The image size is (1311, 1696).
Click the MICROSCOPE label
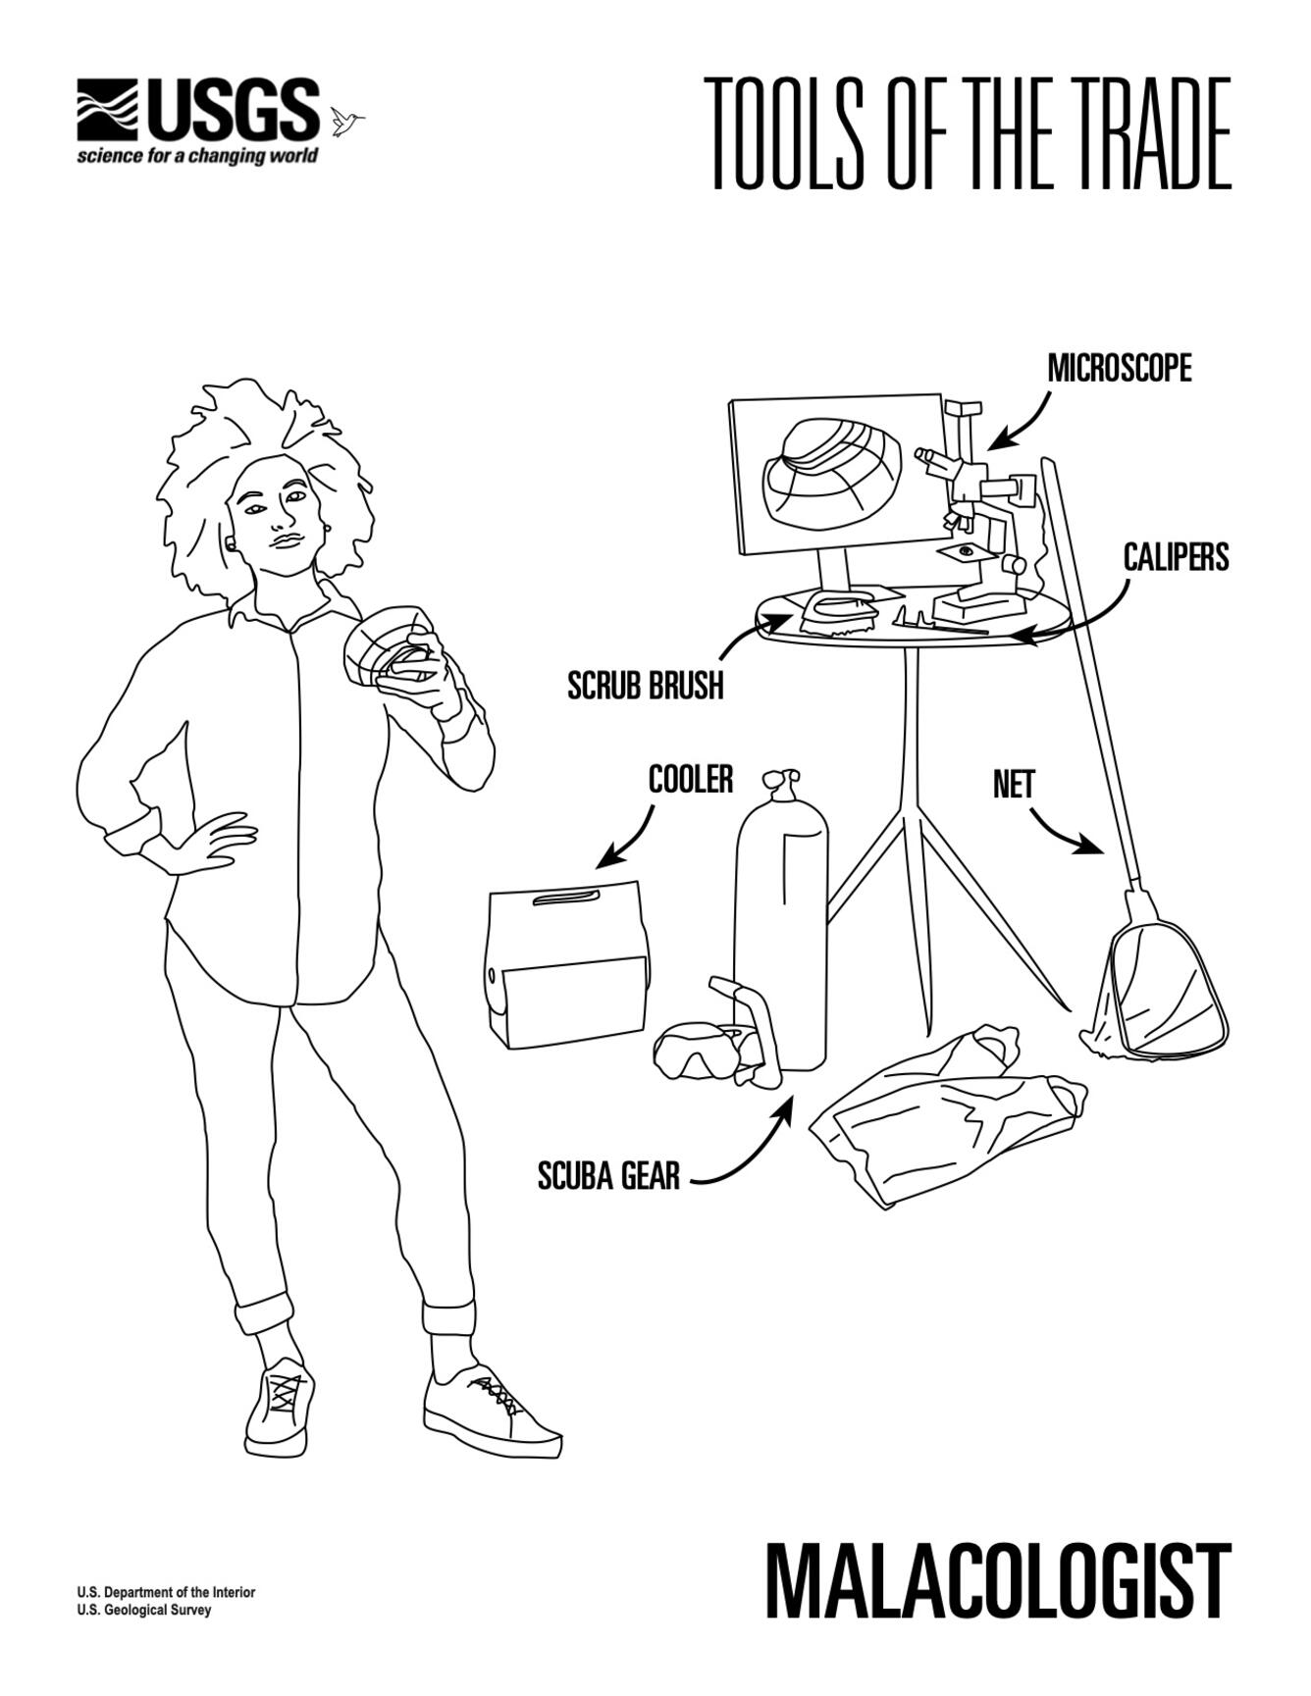pos(1120,369)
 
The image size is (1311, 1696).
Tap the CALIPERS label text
pos(1176,557)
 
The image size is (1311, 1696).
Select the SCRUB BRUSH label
pos(646,686)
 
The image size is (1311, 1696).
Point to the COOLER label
pos(691,780)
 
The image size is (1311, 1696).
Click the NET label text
pos(1014,785)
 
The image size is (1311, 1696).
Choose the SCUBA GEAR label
pos(608,1175)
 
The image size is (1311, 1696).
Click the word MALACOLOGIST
pos(997,1581)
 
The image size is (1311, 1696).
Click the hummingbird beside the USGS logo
pos(345,121)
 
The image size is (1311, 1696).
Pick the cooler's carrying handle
pos(567,899)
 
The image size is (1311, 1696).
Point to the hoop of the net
pos(1168,991)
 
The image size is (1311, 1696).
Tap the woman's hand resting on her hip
pos(211,844)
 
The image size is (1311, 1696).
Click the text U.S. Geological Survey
pos(143,1610)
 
